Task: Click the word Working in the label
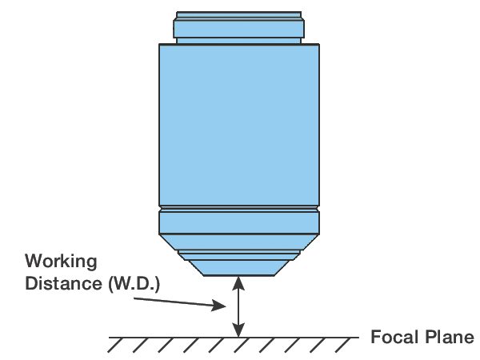point(61,261)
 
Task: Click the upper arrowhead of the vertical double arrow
point(237,281)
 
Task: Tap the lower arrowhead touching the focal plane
point(237,331)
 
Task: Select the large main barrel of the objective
point(239,124)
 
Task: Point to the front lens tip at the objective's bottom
point(239,267)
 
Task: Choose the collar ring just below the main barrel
point(239,219)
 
